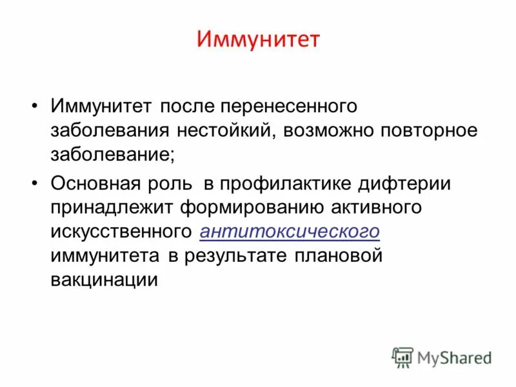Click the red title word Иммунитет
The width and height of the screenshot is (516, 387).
258,41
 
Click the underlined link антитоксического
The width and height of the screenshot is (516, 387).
290,232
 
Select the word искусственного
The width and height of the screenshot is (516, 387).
121,232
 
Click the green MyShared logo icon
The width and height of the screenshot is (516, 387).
402,357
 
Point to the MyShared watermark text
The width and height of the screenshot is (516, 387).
455,357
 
